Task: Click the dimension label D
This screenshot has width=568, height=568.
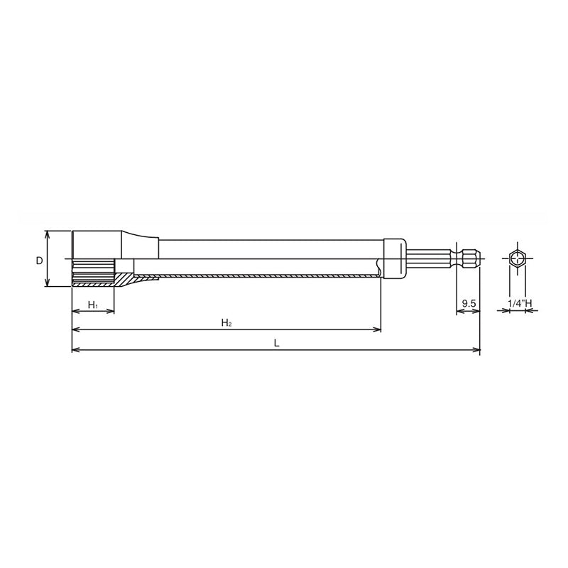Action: (40, 261)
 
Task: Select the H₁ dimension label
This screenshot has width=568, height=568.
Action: (92, 305)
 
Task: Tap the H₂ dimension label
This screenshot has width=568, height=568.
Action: (226, 322)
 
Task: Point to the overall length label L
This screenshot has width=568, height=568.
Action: (276, 342)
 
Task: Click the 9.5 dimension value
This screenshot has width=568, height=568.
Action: (468, 304)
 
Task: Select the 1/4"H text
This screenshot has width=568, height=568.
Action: (520, 304)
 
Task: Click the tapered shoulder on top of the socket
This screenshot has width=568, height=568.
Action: (139, 246)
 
